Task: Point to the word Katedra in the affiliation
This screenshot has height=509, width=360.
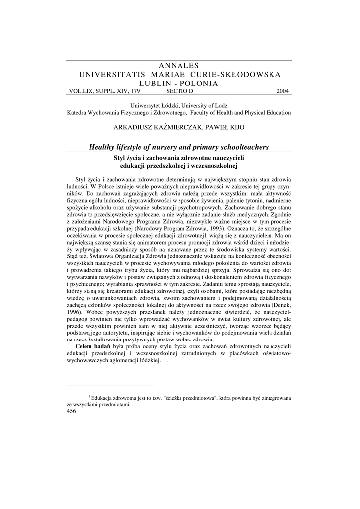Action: coord(78,113)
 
